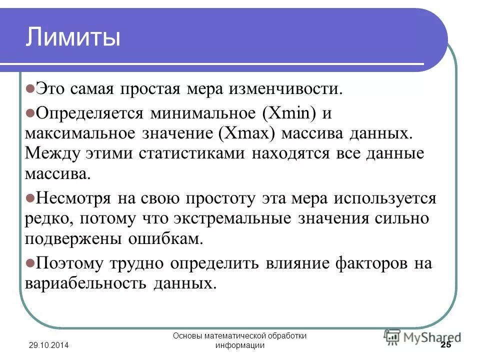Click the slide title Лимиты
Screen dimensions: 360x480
[73, 38]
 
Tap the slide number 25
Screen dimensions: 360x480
[445, 345]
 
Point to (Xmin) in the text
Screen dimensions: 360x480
[289, 113]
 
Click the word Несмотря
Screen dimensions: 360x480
[73, 198]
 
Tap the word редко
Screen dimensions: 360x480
[45, 219]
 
